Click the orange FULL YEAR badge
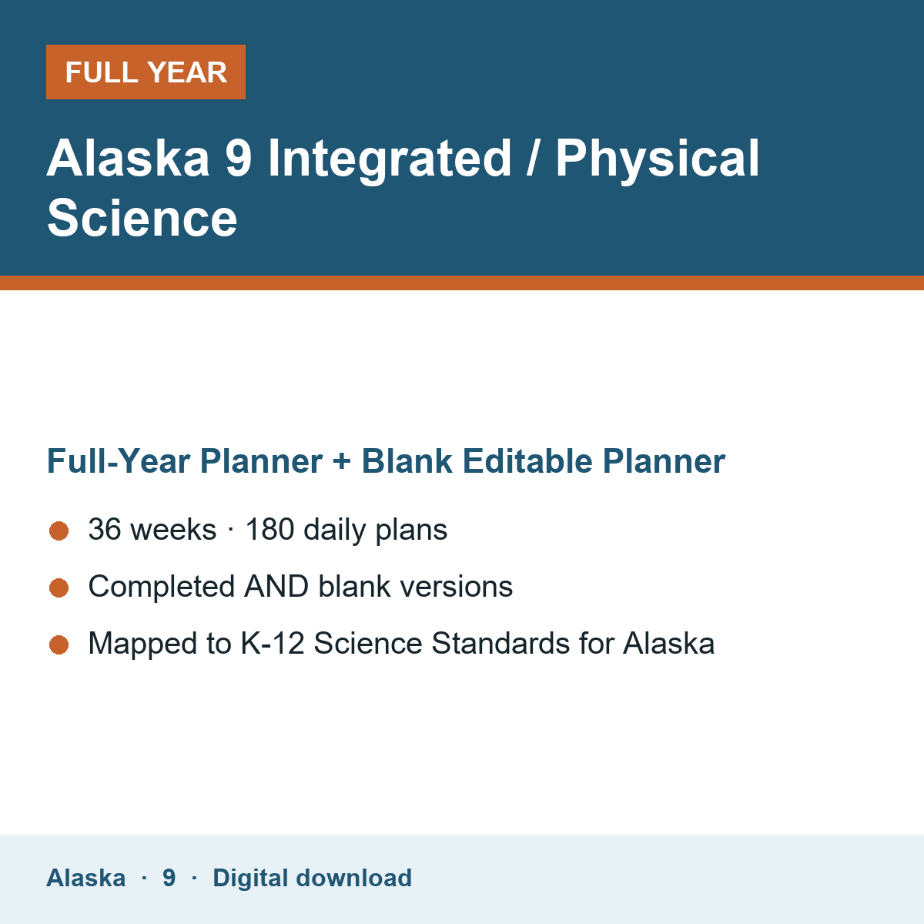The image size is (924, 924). click(146, 72)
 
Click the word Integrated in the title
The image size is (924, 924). click(390, 159)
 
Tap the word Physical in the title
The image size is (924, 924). click(658, 159)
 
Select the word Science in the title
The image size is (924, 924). click(142, 219)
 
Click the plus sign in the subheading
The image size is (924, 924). click(341, 462)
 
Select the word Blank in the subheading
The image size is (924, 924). click(407, 460)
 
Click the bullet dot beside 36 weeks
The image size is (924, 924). click(59, 531)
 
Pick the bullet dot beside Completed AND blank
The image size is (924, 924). click(59, 588)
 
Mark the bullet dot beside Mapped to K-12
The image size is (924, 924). click(59, 644)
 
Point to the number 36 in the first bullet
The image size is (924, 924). click(105, 529)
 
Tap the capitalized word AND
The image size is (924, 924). click(276, 587)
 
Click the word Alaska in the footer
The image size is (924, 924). click(85, 878)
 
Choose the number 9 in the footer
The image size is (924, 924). click(169, 878)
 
